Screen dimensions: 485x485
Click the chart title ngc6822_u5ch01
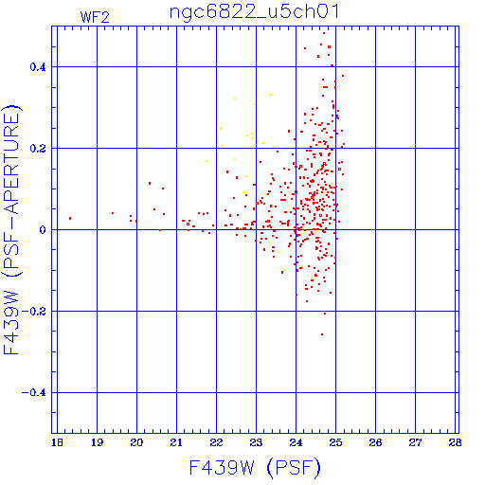pyautogui.click(x=255, y=12)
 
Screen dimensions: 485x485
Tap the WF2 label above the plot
pyautogui.click(x=95, y=17)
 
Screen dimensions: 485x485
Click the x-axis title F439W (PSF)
pyautogui.click(x=255, y=467)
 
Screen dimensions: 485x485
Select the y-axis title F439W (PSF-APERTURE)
pyautogui.click(x=11, y=230)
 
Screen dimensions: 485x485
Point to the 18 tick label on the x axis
pyautogui.click(x=57, y=442)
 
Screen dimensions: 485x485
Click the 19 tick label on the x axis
pyautogui.click(x=97, y=442)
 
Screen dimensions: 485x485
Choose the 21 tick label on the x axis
pyautogui.click(x=176, y=442)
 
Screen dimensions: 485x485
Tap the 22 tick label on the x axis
pyautogui.click(x=216, y=442)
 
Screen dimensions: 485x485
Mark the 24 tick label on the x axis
pyautogui.click(x=296, y=442)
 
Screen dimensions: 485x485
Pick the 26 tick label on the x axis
pyautogui.click(x=375, y=442)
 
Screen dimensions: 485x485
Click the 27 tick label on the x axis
pyautogui.click(x=415, y=442)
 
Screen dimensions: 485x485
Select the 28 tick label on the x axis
pyautogui.click(x=455, y=442)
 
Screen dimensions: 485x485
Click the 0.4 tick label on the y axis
pyautogui.click(x=38, y=67)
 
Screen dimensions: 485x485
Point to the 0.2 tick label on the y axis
pyautogui.click(x=38, y=149)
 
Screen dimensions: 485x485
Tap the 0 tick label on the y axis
pyautogui.click(x=43, y=230)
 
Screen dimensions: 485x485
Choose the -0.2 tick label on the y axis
pyautogui.click(x=34, y=312)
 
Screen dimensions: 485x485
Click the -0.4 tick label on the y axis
pyautogui.click(x=34, y=393)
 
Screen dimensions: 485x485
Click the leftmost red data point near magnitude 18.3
pyautogui.click(x=70, y=218)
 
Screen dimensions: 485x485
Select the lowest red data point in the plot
pyautogui.click(x=322, y=334)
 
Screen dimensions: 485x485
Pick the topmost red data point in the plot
pyautogui.click(x=324, y=33)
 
